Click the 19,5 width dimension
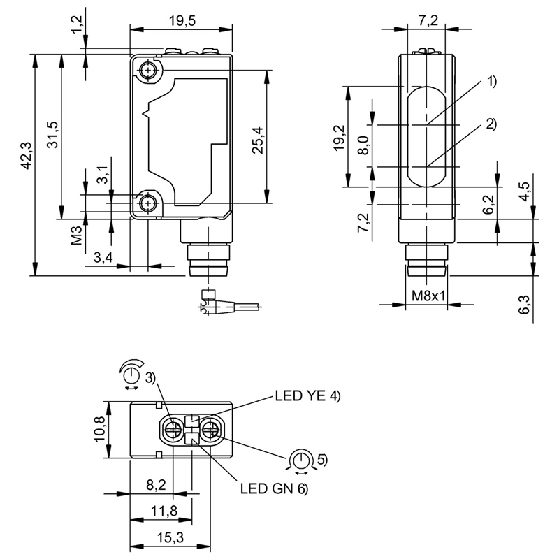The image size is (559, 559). tap(181, 21)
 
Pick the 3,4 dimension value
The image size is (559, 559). tap(103, 258)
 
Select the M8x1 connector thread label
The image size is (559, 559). tap(428, 296)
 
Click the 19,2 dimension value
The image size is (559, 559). tap(338, 138)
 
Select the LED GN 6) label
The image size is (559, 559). tap(273, 488)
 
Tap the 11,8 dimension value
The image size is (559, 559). tap(162, 511)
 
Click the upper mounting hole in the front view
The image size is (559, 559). tap(148, 71)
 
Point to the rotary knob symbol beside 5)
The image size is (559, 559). tap(301, 460)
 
